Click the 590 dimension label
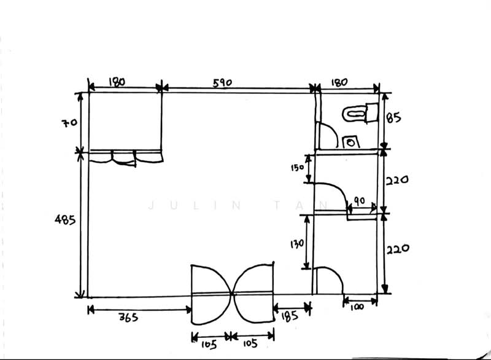click(222, 83)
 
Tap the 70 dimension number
click(69, 122)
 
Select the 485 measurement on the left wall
click(65, 220)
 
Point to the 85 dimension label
click(393, 118)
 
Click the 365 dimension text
click(128, 318)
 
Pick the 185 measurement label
click(289, 316)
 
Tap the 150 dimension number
click(297, 168)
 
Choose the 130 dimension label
click(297, 244)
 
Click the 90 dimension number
click(359, 201)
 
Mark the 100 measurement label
click(357, 307)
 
